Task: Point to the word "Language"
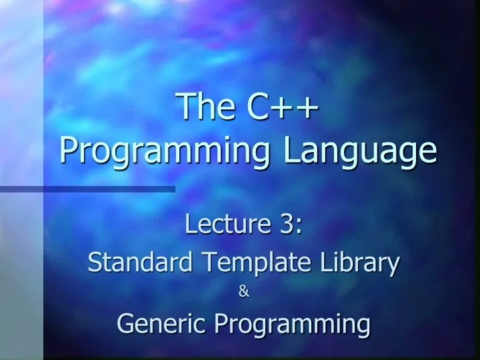click(361, 152)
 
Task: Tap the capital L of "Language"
click(292, 149)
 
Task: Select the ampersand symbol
click(243, 291)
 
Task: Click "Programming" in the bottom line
click(293, 325)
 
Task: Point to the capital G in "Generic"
click(125, 323)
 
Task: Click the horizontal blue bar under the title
click(87, 189)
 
